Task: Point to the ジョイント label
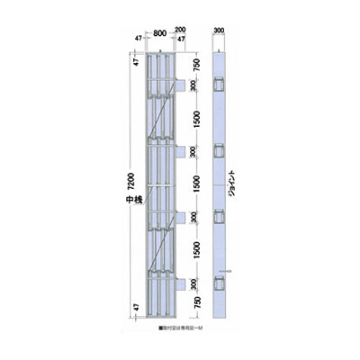click(x=233, y=184)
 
